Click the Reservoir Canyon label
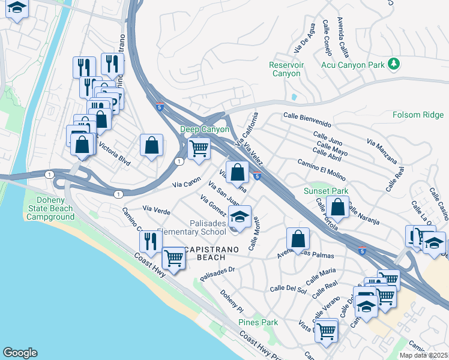coord(285,69)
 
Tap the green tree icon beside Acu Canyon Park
coord(394,63)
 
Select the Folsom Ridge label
coord(418,115)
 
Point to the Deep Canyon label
coord(205,129)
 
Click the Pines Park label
coord(258,322)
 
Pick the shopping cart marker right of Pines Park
coord(326,329)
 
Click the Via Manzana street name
coord(381,150)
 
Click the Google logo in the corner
coord(20,353)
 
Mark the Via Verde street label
coord(156,211)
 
